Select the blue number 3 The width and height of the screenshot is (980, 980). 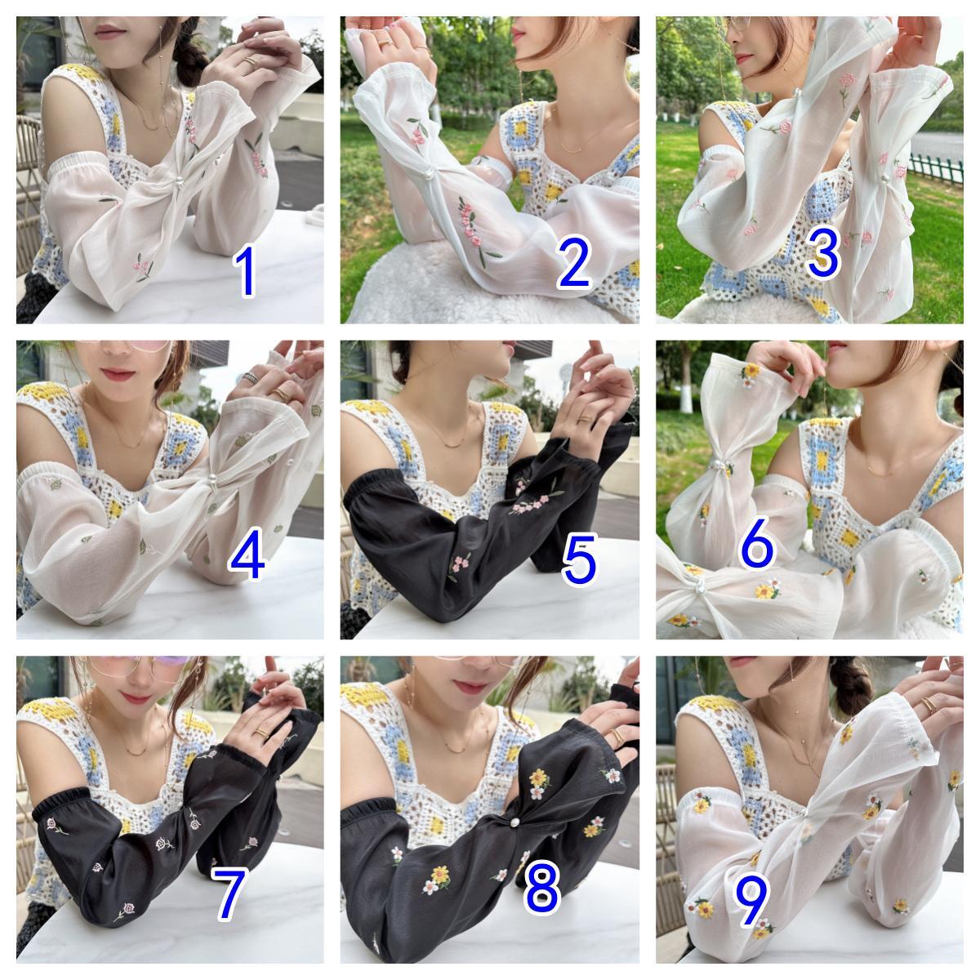click(823, 252)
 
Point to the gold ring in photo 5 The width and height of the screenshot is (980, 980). click(586, 419)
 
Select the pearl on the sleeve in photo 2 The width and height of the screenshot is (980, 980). click(429, 174)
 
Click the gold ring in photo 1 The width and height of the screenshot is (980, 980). click(252, 60)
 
